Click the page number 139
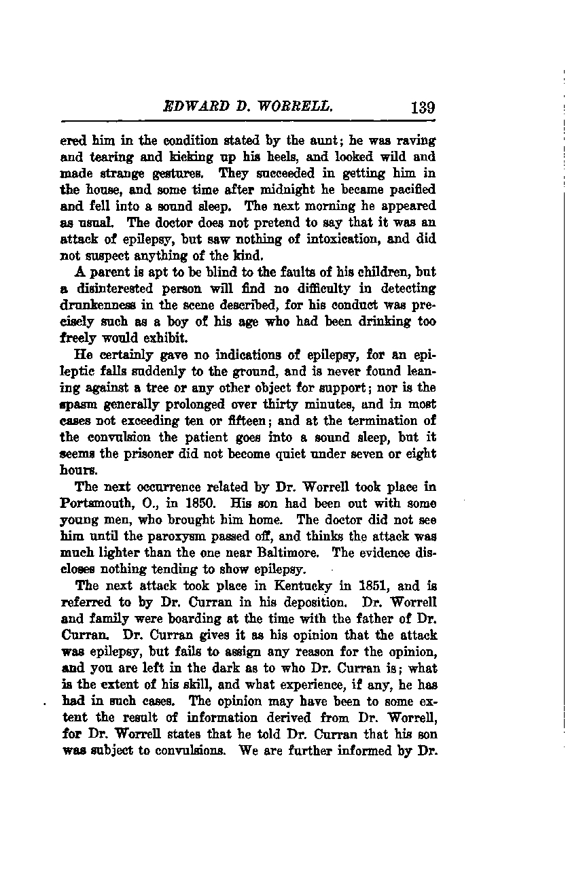tap(422, 107)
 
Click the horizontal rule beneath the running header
tap(248, 121)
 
